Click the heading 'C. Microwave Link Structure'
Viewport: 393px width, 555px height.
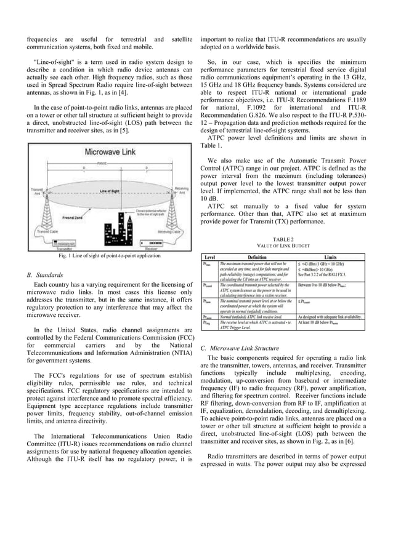pyautogui.click(x=239, y=348)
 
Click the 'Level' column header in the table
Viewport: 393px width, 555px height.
pyautogui.click(x=209, y=257)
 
